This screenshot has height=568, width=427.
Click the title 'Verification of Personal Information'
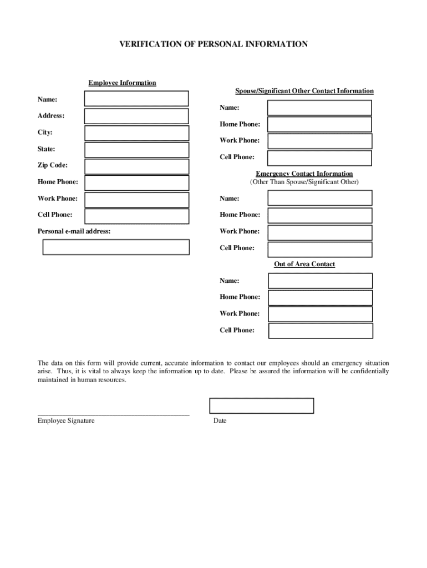click(x=213, y=44)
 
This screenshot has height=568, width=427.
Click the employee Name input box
click(x=136, y=99)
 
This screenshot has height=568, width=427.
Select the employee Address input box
click(x=136, y=116)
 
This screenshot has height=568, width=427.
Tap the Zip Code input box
click(x=136, y=166)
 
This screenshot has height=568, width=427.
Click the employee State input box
click(x=136, y=150)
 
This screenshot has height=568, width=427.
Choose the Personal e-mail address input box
click(x=116, y=247)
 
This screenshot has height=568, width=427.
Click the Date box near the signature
click(x=261, y=405)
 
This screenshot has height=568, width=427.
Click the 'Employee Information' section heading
click(x=122, y=83)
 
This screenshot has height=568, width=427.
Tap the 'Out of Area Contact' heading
click(x=304, y=264)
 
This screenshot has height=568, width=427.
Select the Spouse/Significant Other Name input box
click(x=319, y=108)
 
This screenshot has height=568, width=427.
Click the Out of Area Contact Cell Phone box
click(x=321, y=331)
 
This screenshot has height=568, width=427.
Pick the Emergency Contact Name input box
click(x=320, y=198)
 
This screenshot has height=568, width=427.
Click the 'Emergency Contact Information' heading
click(x=304, y=174)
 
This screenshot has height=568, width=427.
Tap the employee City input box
click(x=136, y=133)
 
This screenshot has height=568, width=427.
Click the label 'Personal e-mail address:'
click(x=74, y=231)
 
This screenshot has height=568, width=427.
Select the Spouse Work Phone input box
click(x=319, y=141)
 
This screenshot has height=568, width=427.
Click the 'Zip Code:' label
click(x=53, y=165)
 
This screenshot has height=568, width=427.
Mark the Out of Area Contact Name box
click(x=321, y=281)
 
